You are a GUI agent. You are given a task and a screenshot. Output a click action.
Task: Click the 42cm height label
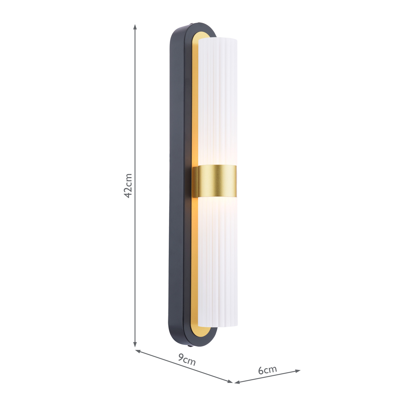click(x=129, y=185)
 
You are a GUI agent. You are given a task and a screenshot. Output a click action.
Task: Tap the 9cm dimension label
click(x=187, y=360)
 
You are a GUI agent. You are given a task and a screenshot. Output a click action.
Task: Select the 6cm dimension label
click(x=267, y=370)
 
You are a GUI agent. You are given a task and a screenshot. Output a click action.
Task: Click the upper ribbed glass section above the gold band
click(x=218, y=101)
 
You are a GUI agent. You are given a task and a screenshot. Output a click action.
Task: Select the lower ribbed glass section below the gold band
click(x=218, y=261)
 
